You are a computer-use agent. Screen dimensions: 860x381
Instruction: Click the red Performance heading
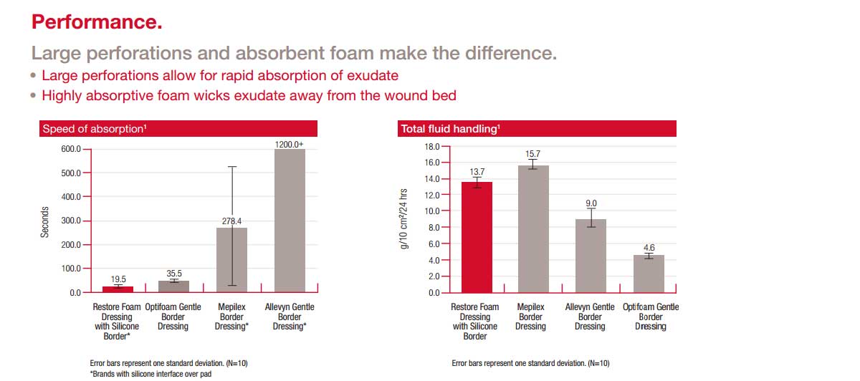97,22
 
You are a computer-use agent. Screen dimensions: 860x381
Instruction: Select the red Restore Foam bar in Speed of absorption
118,289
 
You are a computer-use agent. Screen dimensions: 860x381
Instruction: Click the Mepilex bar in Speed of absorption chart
231,260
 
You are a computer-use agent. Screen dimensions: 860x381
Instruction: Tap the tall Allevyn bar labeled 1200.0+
290,221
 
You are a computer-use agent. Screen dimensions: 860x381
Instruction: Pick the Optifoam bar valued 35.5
174,286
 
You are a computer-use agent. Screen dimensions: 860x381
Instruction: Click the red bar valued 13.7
477,238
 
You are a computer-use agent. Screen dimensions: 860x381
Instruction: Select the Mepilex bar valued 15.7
533,229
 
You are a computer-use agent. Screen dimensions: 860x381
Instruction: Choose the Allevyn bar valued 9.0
591,256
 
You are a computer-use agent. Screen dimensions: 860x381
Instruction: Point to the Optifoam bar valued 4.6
649,274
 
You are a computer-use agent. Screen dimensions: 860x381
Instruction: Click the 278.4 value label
232,221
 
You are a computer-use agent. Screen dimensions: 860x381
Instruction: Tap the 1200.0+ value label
289,144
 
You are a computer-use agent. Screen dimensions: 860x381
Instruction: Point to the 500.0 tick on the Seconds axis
71,173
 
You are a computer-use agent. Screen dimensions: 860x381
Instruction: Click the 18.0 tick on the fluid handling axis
432,147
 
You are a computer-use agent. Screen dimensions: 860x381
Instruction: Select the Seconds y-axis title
44,222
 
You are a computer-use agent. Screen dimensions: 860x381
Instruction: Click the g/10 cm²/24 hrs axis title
403,218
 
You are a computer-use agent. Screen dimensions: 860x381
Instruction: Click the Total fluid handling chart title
450,128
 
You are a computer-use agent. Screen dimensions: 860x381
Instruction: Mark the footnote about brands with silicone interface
150,374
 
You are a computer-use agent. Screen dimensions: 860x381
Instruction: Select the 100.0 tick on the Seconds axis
71,269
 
